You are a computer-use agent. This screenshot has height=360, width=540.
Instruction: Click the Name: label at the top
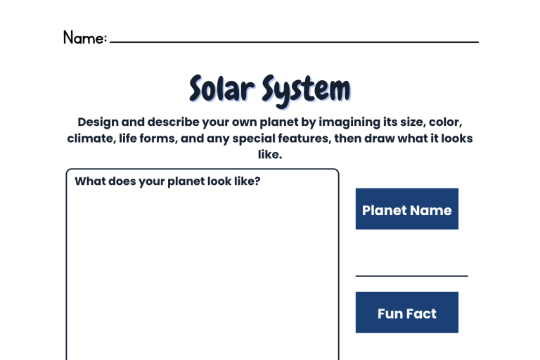click(85, 37)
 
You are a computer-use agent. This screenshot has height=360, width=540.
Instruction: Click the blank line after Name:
click(294, 42)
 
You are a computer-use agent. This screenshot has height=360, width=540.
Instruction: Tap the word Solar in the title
click(222, 89)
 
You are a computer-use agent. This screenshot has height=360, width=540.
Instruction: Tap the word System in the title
click(306, 91)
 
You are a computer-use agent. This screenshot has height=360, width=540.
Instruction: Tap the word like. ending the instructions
click(270, 154)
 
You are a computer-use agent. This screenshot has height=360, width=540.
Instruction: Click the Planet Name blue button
click(406, 209)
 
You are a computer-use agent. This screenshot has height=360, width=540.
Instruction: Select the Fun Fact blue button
click(406, 312)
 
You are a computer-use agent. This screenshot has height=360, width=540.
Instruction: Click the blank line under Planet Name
click(411, 276)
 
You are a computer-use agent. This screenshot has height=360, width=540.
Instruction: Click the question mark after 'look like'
click(257, 181)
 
